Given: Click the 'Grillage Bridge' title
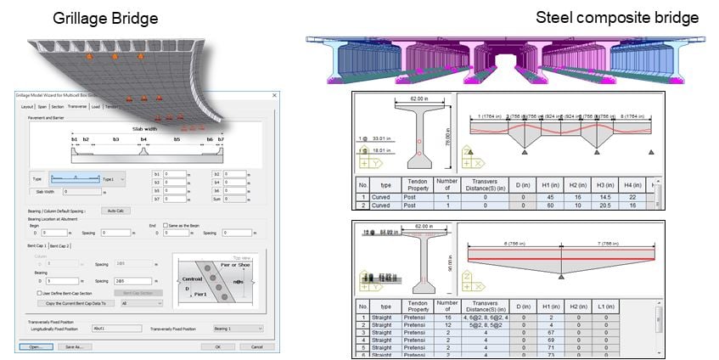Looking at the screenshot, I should click(x=105, y=18).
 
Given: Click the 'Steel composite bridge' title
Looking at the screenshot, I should click(x=617, y=17).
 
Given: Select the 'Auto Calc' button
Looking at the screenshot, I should click(x=115, y=211).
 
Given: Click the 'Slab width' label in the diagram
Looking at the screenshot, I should click(x=144, y=129).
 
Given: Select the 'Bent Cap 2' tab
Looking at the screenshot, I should click(x=60, y=245).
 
